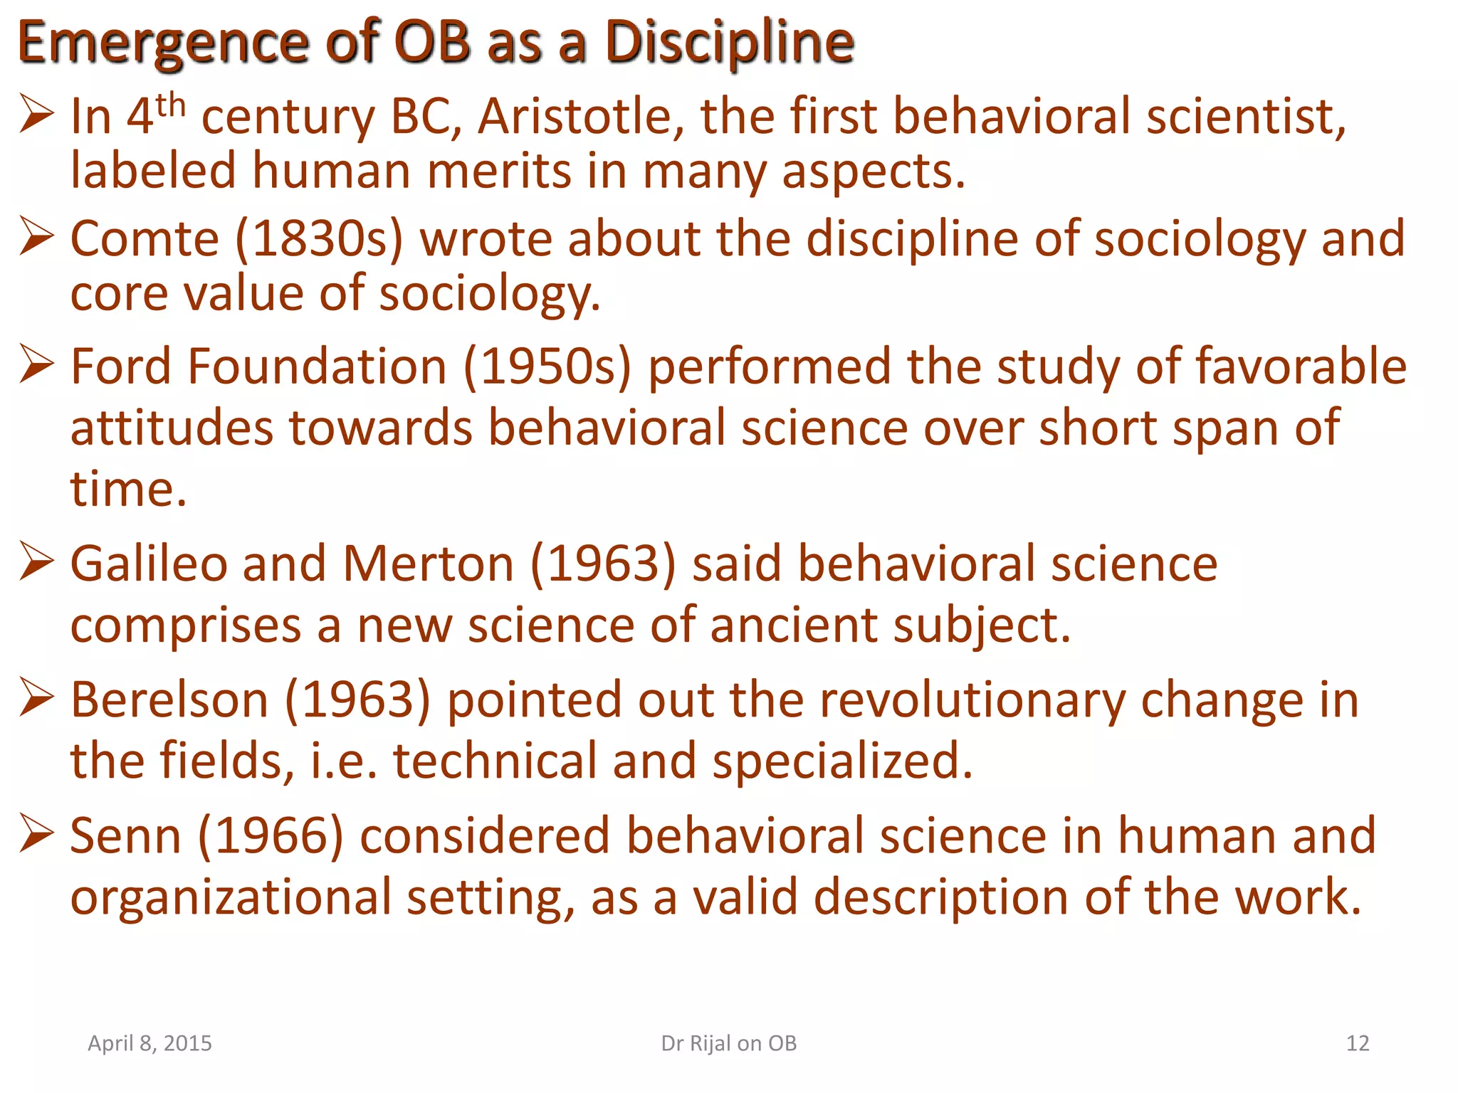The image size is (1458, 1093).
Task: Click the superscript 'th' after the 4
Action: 171,107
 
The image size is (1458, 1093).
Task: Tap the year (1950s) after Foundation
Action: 547,366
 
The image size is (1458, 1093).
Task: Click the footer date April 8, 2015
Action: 150,1043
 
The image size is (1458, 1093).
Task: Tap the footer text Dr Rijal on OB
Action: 729,1043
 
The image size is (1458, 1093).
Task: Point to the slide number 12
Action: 1358,1043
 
